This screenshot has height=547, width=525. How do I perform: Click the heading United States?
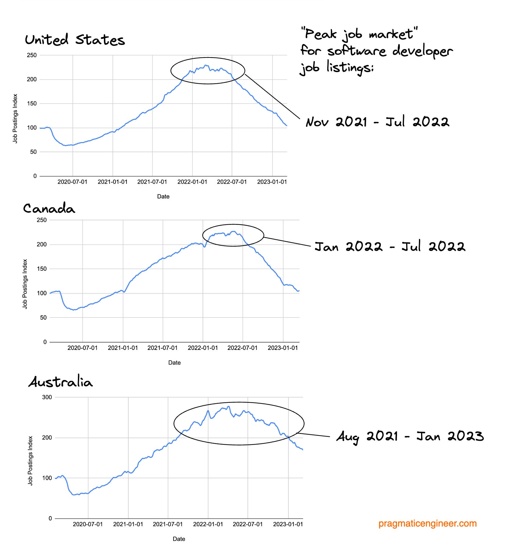click(75, 40)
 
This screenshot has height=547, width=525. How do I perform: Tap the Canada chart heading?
click(49, 209)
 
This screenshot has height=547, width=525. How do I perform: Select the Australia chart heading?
click(61, 382)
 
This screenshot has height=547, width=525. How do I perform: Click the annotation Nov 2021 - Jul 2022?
click(377, 122)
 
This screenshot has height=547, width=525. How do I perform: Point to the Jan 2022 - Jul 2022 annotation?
click(390, 247)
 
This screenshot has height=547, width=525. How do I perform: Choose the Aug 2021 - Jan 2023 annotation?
click(410, 436)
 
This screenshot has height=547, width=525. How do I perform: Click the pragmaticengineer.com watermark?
click(427, 523)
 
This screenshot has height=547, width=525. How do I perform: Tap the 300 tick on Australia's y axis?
click(47, 397)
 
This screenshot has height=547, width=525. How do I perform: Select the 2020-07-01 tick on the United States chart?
click(72, 182)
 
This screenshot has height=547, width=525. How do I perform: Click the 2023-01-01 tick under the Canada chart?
click(283, 348)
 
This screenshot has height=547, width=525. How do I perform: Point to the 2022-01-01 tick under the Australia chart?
click(208, 524)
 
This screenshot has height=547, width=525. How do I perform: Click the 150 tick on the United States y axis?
click(32, 103)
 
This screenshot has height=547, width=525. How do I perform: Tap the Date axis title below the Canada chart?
click(174, 362)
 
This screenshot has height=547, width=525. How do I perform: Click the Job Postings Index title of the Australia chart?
click(30, 460)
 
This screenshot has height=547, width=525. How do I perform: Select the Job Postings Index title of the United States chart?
click(15, 118)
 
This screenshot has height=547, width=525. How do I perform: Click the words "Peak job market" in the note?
click(359, 34)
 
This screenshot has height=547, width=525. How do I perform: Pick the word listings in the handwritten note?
click(350, 67)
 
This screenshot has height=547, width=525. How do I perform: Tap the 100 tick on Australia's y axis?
click(47, 478)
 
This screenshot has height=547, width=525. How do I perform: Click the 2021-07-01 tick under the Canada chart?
click(162, 348)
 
